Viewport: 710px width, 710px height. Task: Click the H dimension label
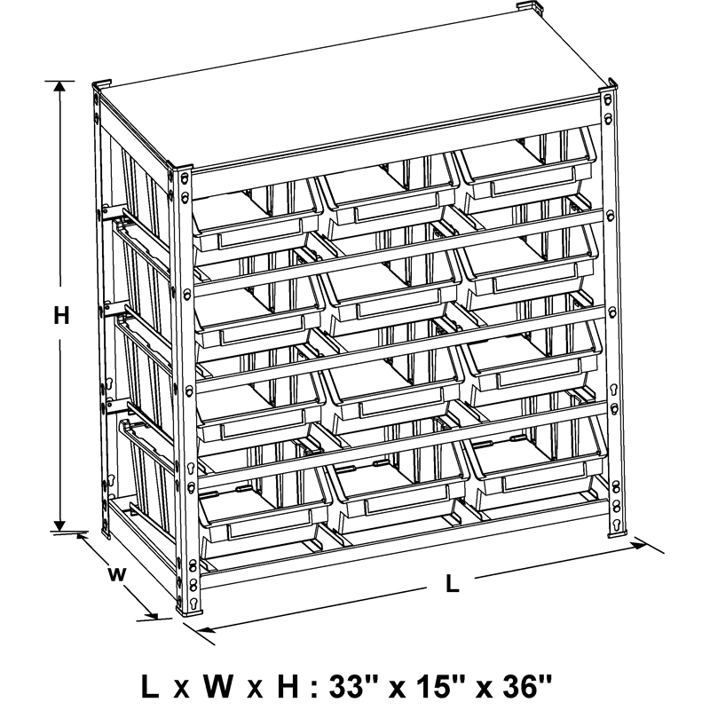tap(61, 315)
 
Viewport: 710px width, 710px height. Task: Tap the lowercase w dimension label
tap(117, 574)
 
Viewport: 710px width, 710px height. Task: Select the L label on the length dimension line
tap(453, 583)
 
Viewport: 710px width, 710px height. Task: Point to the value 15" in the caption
tap(441, 686)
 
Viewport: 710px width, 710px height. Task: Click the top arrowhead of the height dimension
tap(59, 86)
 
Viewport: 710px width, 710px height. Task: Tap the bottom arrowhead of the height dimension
tap(59, 525)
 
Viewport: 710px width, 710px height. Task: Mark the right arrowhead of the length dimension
tap(640, 545)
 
